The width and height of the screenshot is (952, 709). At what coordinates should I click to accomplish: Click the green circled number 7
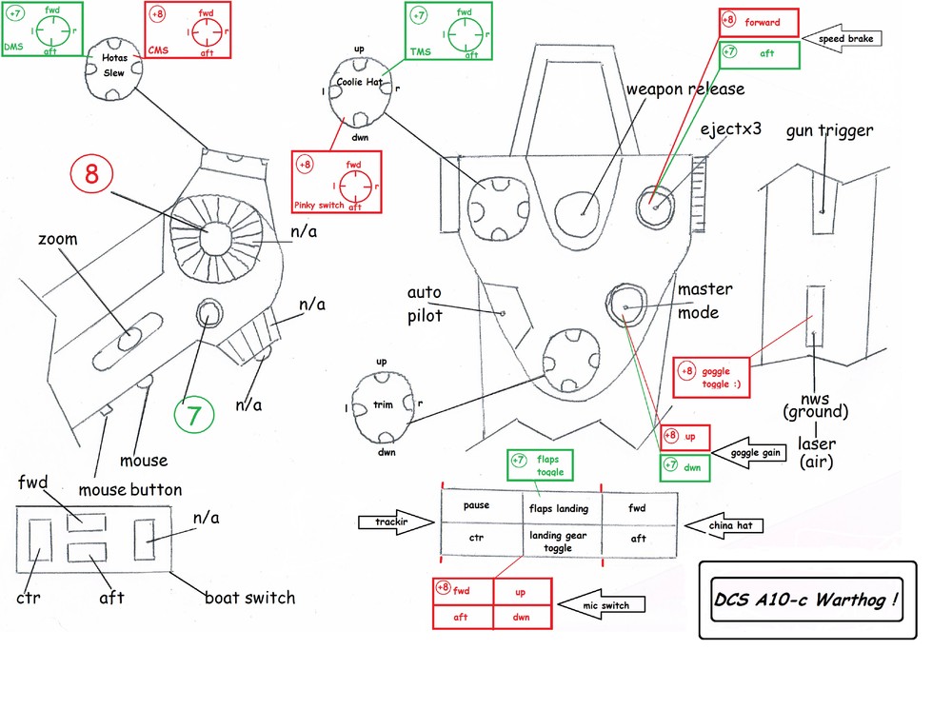(x=193, y=415)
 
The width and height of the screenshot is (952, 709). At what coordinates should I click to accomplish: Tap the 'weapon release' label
(x=684, y=89)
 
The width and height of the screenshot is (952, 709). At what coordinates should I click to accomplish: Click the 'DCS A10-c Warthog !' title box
(x=806, y=601)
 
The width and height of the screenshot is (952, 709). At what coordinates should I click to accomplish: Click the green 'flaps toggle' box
(x=541, y=466)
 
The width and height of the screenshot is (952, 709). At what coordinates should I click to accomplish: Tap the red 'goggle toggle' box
(x=711, y=377)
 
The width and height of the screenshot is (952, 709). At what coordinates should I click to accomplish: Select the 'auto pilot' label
(x=425, y=303)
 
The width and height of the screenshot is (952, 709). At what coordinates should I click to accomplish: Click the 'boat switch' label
(x=249, y=599)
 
